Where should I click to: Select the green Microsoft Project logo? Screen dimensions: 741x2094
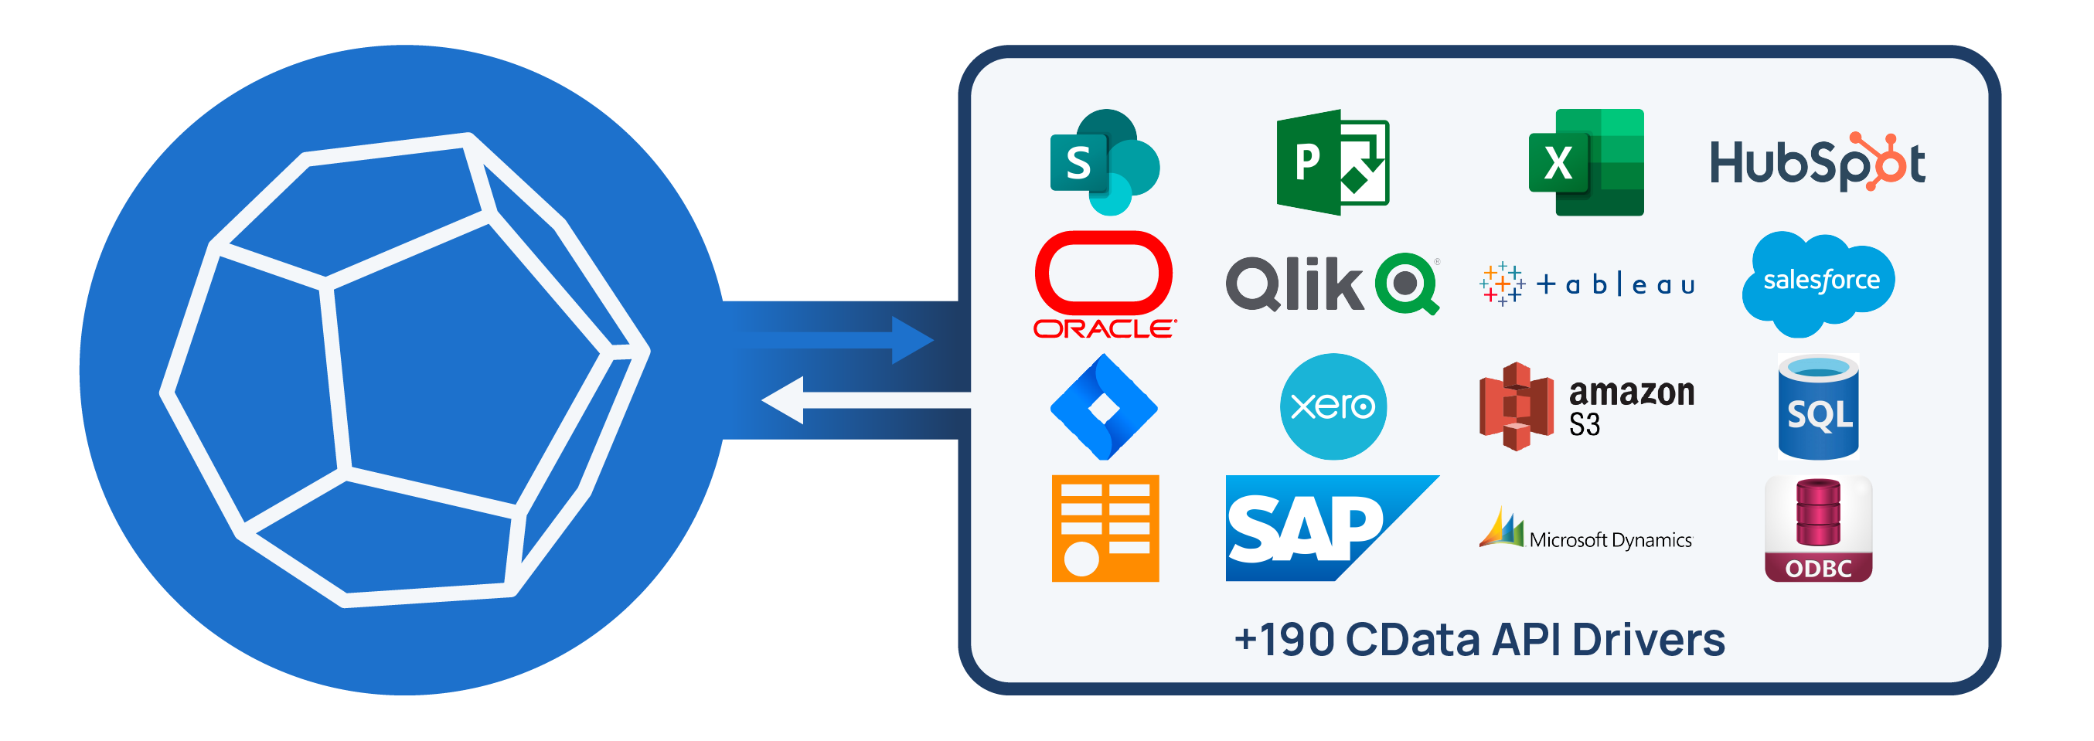(1332, 162)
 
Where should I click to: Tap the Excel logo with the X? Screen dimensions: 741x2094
(1585, 162)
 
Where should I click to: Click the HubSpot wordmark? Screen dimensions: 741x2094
(1816, 162)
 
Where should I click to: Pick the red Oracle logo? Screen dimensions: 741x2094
(1104, 284)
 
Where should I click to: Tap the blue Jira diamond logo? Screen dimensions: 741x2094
(1104, 406)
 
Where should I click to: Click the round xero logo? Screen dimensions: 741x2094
(1333, 406)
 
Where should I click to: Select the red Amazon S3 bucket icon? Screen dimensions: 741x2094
(1516, 406)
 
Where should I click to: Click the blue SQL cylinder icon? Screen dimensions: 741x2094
(1817, 407)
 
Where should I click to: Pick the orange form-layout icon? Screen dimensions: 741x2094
(1104, 528)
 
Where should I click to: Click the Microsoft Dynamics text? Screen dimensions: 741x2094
(1609, 540)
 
